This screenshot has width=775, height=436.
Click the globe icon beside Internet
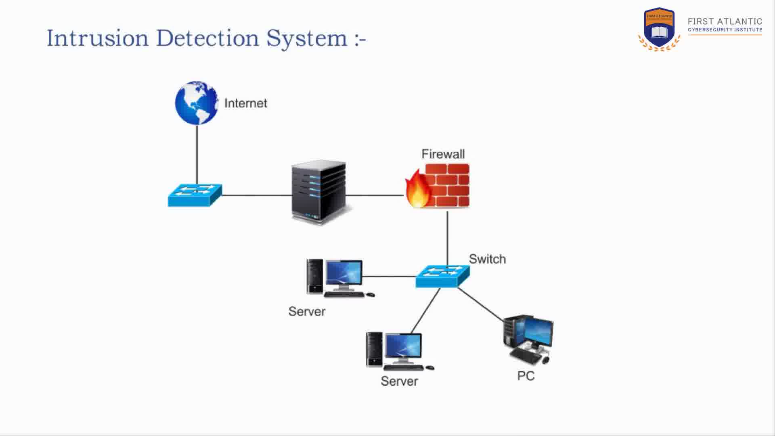197,103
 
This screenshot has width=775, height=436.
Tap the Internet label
245,103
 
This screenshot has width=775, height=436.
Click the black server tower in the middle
319,192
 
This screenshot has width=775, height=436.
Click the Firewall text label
443,154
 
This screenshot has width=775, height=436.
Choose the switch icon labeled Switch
442,276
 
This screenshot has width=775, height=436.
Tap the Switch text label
487,259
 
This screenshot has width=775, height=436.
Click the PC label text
526,376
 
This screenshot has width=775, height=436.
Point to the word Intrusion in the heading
98,38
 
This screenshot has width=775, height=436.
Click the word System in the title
307,38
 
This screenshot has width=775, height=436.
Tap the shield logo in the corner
659,28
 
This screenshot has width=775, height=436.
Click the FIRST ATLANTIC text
725,21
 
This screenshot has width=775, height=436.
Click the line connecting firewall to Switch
447,238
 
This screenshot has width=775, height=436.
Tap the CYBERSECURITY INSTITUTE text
725,30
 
